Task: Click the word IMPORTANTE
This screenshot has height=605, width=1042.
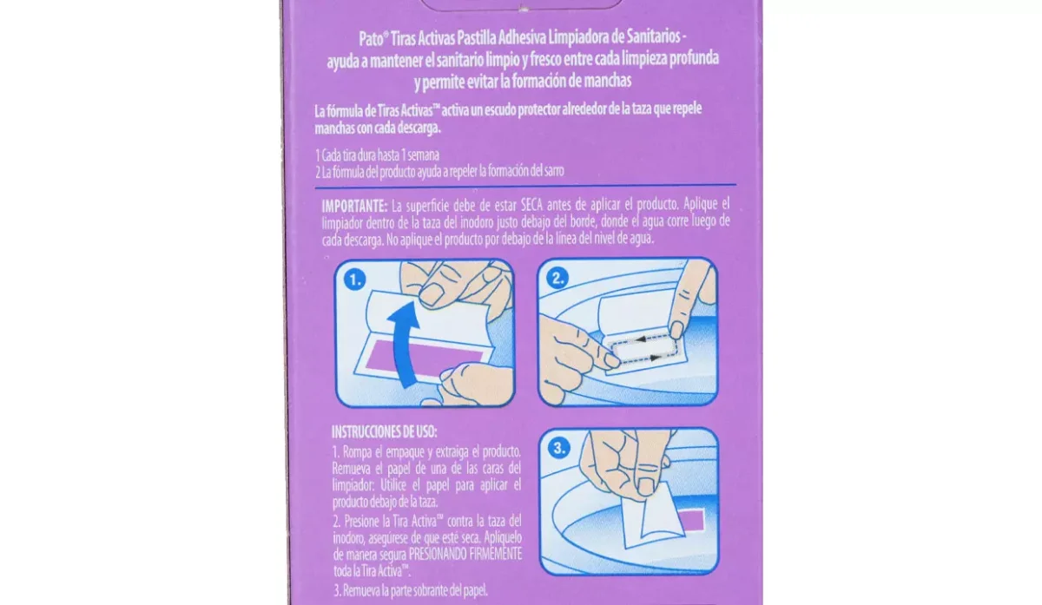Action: (x=354, y=206)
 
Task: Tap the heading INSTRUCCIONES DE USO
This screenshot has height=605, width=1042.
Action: (x=384, y=432)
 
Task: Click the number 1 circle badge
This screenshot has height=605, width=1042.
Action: (x=355, y=279)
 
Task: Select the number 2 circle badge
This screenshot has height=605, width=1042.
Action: (x=557, y=278)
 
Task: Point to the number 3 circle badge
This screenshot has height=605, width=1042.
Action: (x=559, y=448)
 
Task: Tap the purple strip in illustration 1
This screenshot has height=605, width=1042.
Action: (x=425, y=358)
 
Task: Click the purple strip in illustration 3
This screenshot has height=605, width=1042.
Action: (x=691, y=520)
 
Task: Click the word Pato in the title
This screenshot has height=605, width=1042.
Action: (x=371, y=38)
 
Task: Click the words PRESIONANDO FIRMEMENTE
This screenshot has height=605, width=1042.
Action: (x=465, y=554)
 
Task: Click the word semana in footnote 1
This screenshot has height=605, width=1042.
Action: (x=424, y=155)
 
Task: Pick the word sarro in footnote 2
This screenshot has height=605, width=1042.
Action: (x=554, y=171)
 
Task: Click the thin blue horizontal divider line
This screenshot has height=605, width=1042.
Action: (x=525, y=187)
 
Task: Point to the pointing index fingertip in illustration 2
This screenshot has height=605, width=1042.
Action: (x=676, y=330)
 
